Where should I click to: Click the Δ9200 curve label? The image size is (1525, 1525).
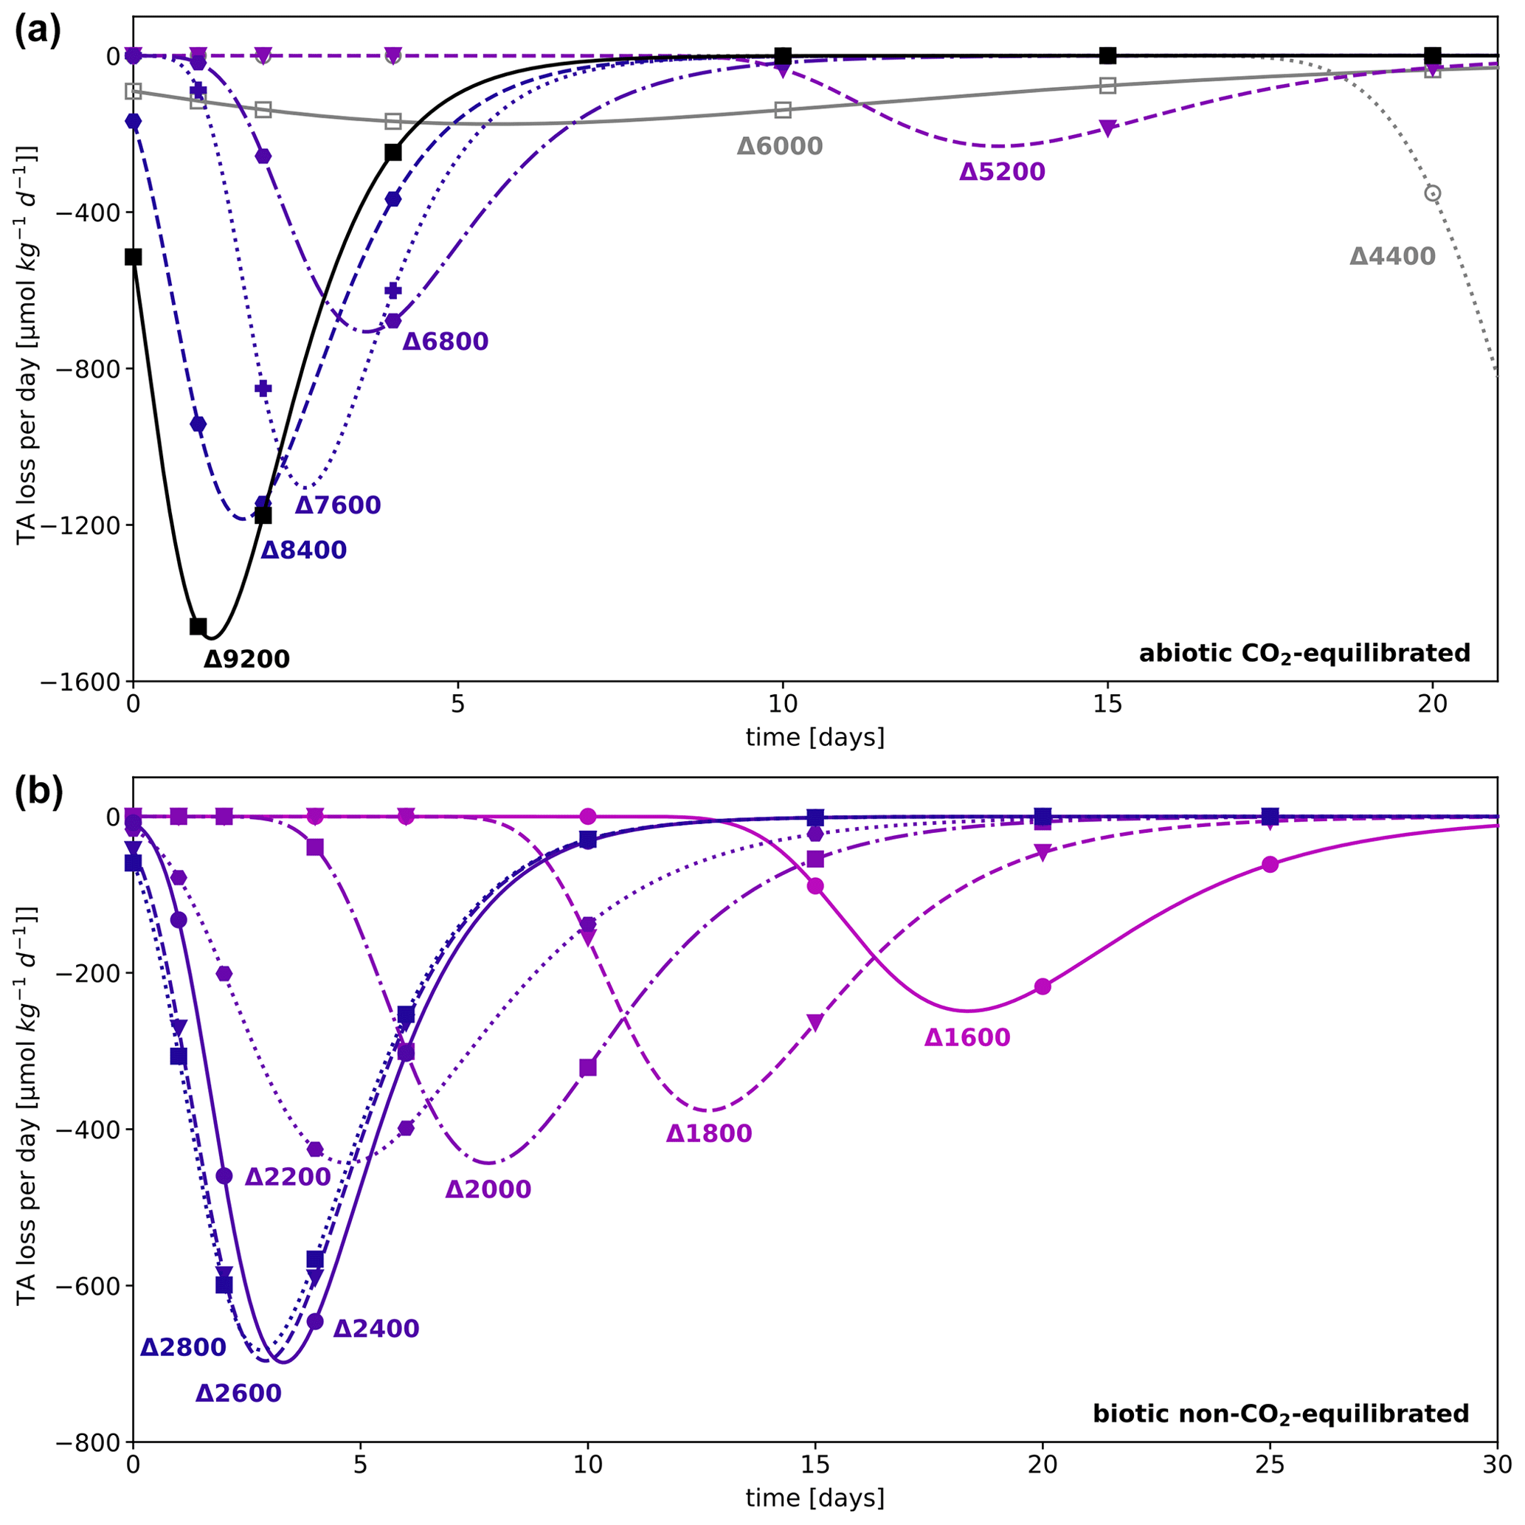(x=246, y=658)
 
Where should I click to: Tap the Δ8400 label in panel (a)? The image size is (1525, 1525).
(x=304, y=550)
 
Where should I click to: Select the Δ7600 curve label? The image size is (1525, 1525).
(x=338, y=505)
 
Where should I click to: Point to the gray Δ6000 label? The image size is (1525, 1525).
(x=780, y=146)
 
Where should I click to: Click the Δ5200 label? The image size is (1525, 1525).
(x=1002, y=172)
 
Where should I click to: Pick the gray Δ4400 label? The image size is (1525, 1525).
(x=1392, y=257)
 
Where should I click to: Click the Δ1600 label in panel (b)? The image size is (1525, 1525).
(x=967, y=1037)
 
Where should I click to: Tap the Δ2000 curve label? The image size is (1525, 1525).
(x=488, y=1189)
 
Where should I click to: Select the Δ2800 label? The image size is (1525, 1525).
(x=183, y=1347)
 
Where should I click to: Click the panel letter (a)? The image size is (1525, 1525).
(x=38, y=32)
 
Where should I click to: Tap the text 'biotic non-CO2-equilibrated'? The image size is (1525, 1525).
(x=1280, y=1414)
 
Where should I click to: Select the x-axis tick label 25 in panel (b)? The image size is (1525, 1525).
(x=1269, y=1466)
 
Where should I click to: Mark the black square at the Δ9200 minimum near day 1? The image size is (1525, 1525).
(x=198, y=626)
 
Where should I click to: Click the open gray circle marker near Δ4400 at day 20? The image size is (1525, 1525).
(x=1432, y=193)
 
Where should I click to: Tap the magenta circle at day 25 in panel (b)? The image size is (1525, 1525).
(x=1269, y=865)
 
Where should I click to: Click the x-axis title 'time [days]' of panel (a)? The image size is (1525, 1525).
(x=815, y=737)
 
